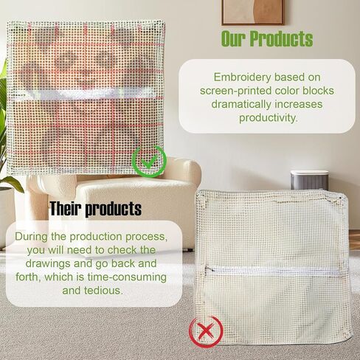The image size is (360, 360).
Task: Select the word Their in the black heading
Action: point(66,209)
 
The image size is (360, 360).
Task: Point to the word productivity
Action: point(269,117)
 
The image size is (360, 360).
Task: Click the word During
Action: point(31,237)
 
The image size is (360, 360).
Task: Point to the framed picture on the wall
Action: point(253,13)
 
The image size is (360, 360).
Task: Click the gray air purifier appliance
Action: point(309,181)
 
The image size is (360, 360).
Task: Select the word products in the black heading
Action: point(114,210)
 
